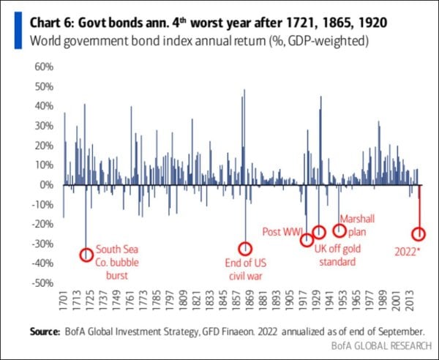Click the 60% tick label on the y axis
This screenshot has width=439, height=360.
tap(44, 67)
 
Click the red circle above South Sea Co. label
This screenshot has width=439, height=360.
tap(86, 255)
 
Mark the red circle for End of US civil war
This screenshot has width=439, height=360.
tap(246, 249)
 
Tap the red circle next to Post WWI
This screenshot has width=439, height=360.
tap(307, 240)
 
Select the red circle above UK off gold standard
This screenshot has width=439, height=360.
tap(319, 233)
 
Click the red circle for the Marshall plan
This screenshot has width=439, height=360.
tap(339, 230)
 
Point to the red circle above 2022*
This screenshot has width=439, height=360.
tap(419, 235)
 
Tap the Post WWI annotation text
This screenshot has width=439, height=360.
tap(282, 233)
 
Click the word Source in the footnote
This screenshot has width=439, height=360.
tap(45, 331)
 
